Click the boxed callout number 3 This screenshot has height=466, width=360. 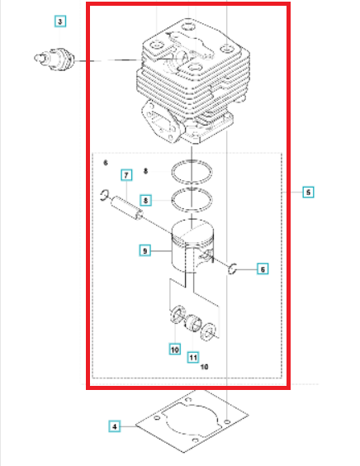coord(60,21)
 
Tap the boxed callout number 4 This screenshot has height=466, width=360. coord(115,426)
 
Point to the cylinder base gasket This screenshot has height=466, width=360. coord(192,421)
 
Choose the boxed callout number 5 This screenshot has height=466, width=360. coord(308,193)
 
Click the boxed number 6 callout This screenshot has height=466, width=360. coord(263,269)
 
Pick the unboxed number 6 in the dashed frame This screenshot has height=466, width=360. coord(106,163)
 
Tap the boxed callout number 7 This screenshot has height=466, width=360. coord(126,175)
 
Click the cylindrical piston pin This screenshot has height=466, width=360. coord(126,207)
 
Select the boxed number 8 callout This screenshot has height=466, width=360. coord(145,200)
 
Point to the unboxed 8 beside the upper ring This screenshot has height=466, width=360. coord(145,171)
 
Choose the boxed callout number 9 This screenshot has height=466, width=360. coord(145,250)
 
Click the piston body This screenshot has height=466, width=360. coord(192,246)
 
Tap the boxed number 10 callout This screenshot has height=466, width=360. coord(175,349)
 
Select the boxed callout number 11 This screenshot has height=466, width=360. coord(193,357)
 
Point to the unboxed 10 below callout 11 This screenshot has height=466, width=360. coord(204,367)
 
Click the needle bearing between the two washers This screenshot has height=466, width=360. coord(193,322)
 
